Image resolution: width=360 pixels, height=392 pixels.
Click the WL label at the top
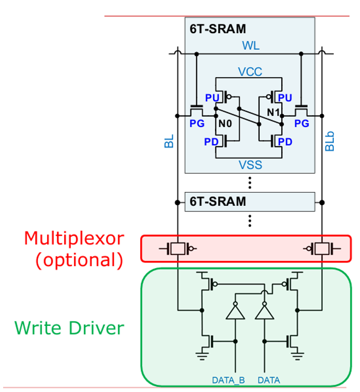[251, 46]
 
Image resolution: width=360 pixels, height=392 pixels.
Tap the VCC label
[250, 72]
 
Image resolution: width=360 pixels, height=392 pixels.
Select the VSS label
[250, 165]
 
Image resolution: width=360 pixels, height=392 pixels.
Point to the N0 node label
[225, 123]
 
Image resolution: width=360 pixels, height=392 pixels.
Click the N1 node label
[273, 112]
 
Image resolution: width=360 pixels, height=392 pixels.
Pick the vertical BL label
[169, 141]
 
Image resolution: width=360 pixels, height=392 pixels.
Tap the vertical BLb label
[330, 141]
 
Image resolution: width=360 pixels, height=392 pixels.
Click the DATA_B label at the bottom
[228, 380]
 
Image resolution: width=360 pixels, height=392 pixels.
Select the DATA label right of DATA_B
[269, 380]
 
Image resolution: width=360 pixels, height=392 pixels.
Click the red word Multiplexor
[74, 238]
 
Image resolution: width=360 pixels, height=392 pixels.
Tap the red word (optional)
[79, 260]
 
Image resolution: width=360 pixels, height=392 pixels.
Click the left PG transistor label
[197, 123]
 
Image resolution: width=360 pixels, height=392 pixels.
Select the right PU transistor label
[285, 98]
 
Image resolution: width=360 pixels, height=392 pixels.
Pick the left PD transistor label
[211, 142]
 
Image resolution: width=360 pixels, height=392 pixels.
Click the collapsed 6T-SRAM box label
[218, 202]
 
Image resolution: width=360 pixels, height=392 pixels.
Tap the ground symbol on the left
[202, 356]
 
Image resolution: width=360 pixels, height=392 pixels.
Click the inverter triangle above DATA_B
[235, 312]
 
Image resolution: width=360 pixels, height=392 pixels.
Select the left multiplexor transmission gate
[178, 249]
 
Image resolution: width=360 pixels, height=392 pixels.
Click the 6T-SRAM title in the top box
[218, 29]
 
